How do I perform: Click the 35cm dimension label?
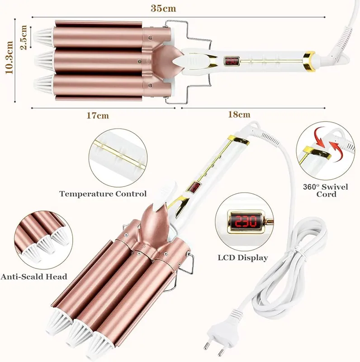(x=163, y=8)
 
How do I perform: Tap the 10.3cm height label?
(x=9, y=58)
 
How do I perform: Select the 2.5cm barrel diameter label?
(x=24, y=37)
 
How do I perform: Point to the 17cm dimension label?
(x=98, y=115)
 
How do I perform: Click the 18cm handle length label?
(x=239, y=114)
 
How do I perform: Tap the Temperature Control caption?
(x=103, y=194)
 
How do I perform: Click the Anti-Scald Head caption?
(x=34, y=276)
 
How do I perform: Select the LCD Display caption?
(x=243, y=257)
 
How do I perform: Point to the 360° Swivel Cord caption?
(x=325, y=190)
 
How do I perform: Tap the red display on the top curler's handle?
(x=231, y=61)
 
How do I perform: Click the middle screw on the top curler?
(x=139, y=61)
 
